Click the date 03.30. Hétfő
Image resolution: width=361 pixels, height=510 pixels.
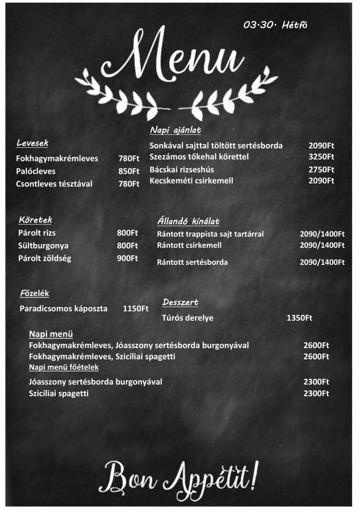coord(275,25)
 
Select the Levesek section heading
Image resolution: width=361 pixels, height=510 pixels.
coord(32,143)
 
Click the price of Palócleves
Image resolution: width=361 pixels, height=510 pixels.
coord(129,171)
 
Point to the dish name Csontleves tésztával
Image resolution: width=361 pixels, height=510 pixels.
coord(54,184)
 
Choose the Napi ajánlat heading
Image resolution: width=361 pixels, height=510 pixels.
coord(175,130)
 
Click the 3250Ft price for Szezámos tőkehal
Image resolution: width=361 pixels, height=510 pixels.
coord(321,157)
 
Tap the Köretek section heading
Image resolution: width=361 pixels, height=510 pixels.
coord(35,220)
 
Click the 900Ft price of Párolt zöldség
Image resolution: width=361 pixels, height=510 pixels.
coord(128,258)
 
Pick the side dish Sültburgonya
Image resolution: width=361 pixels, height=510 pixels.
coord(43,246)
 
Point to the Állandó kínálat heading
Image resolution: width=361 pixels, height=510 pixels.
coord(188,221)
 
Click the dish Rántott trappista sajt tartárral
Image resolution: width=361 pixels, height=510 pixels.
coord(210,234)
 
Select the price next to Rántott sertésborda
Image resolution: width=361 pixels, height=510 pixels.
coord(322,262)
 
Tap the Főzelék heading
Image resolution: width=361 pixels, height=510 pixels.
coord(34,293)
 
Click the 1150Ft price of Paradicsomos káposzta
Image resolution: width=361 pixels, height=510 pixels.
coord(136,309)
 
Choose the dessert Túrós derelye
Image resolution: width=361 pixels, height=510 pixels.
coord(188,318)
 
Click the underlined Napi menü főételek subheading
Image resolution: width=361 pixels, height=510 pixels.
coord(64,367)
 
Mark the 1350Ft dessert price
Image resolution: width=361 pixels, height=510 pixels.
coord(300,318)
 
